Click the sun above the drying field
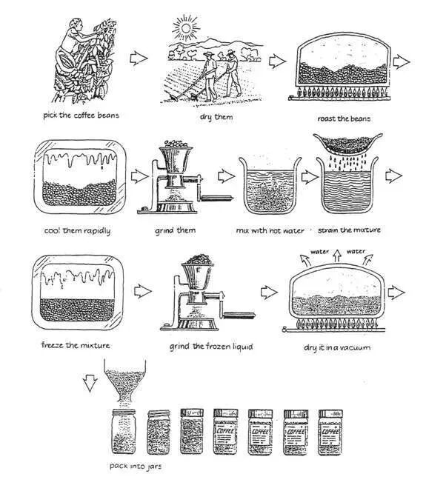tap(185, 28)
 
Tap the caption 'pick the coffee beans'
tap(81, 116)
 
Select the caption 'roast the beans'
tap(344, 119)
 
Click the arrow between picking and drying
tap(139, 59)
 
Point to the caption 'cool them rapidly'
tap(78, 231)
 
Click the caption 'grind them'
tap(175, 230)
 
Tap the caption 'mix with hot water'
tap(270, 231)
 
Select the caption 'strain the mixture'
tap(349, 230)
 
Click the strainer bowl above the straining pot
tap(348, 144)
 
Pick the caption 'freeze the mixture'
tap(76, 345)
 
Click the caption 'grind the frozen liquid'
tap(211, 347)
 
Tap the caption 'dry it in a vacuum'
tap(337, 347)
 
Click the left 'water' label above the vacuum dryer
tap(319, 252)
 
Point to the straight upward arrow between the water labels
tap(337, 256)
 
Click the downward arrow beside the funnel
tap(90, 383)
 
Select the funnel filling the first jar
tap(124, 381)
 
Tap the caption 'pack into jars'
tap(136, 466)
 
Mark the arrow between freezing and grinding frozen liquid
tap(143, 291)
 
